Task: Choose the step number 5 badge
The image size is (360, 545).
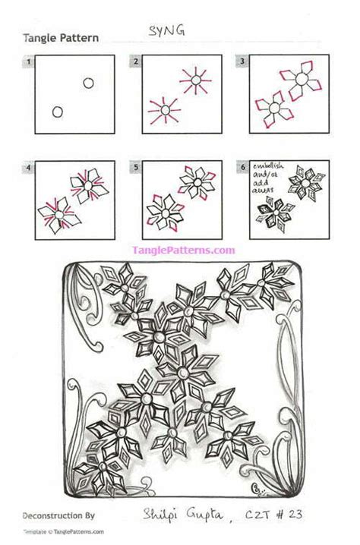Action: pos(135,165)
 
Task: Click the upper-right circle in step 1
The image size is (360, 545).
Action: pos(88,83)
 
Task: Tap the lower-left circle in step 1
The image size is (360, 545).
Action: pos(57,112)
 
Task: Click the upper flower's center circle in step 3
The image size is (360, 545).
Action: pos(302,78)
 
